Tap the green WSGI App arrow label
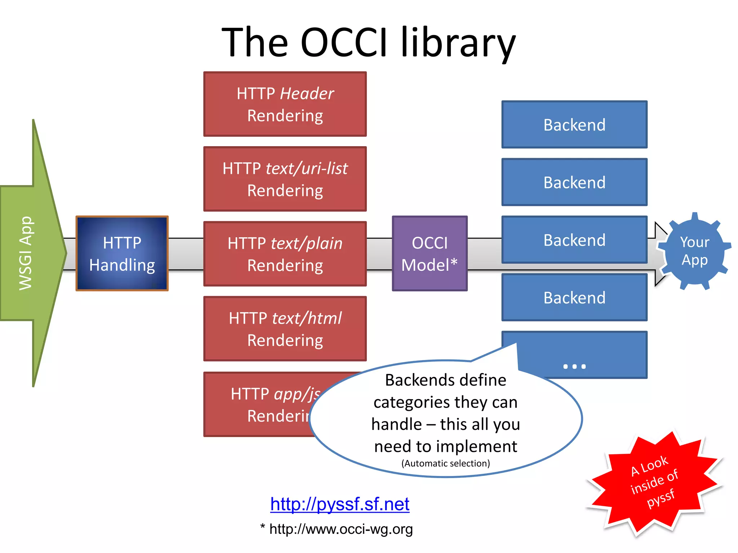coord(26,253)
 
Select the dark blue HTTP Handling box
coord(122,253)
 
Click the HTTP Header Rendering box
coord(285,104)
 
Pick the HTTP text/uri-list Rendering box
coord(285,179)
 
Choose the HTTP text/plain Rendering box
coord(285,254)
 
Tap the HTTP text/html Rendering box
coord(285,329)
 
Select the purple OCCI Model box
coord(430,253)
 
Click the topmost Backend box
coord(574,125)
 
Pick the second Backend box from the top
coord(574,182)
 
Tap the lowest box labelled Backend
coord(574,297)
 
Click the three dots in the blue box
coord(574,367)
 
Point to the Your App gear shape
coord(694,251)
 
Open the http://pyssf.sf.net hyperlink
coord(339,504)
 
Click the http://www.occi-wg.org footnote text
coord(341,529)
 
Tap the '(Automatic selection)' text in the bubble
coord(445,463)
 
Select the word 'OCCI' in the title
coord(344,42)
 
